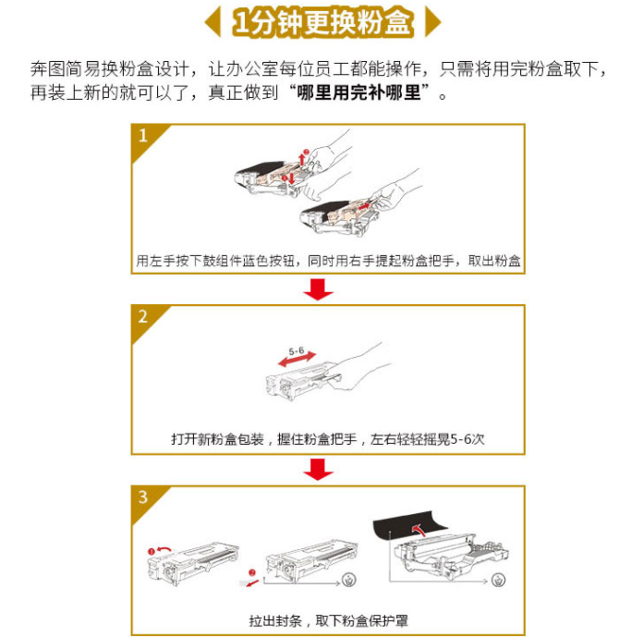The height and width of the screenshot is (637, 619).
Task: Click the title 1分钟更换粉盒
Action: (322, 22)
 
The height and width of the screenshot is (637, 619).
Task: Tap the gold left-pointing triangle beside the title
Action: (213, 22)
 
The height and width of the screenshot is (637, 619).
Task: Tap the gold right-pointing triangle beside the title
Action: (432, 22)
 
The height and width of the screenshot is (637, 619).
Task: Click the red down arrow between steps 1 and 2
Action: (318, 289)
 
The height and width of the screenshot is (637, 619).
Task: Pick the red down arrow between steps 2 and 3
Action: (318, 470)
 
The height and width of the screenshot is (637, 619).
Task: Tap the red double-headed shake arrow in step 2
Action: (297, 360)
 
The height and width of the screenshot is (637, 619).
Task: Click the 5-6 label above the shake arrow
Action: (297, 350)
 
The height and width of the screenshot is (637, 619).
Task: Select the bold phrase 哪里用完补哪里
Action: (358, 93)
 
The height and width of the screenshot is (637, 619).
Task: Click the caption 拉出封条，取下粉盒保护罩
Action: (328, 620)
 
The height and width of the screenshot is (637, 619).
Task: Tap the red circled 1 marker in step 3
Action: (151, 551)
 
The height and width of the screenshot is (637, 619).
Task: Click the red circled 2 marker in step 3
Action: (252, 573)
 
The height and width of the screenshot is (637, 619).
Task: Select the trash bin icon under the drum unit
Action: (498, 580)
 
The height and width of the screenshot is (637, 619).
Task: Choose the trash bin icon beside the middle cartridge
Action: (348, 580)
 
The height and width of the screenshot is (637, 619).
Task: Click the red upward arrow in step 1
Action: (301, 159)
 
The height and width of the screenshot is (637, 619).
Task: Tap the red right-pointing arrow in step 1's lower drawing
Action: (365, 207)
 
